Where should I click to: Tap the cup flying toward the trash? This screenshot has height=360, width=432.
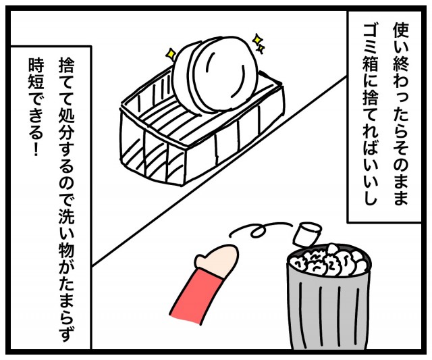(x=308, y=234)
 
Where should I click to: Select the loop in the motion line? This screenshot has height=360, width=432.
(x=258, y=231)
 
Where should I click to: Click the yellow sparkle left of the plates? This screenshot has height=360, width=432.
(x=171, y=53)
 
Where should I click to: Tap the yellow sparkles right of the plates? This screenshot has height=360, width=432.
(x=259, y=43)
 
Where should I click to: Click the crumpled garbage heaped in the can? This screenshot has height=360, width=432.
(x=328, y=261)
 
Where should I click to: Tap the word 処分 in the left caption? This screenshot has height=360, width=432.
(x=65, y=130)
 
